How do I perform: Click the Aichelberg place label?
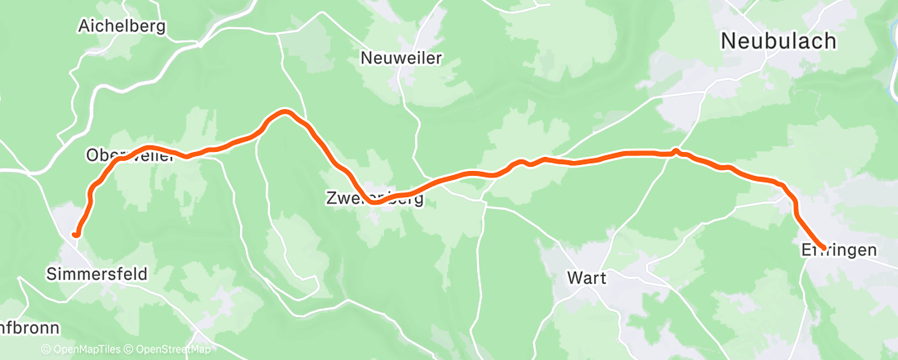(121, 26)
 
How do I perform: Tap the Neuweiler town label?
(401, 58)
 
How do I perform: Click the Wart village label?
(587, 278)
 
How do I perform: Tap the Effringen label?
(839, 249)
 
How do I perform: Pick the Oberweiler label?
(130, 155)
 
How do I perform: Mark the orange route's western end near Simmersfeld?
(76, 234)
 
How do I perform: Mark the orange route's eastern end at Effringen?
(823, 248)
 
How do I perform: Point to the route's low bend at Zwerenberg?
(376, 201)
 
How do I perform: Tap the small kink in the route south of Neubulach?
(676, 151)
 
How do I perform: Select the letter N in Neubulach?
(730, 40)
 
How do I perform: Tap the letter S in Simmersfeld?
(53, 273)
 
